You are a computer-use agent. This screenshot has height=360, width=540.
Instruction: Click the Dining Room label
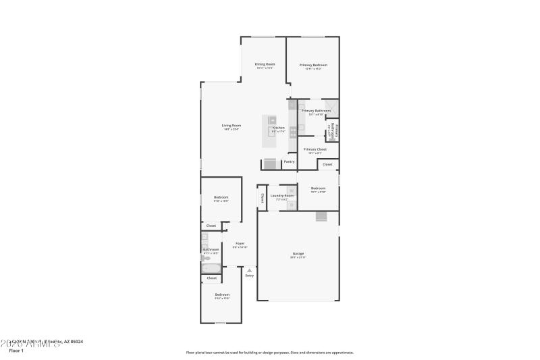point(265,64)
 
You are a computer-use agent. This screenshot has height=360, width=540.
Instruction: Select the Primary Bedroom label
point(313,65)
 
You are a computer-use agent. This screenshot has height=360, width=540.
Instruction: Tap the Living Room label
point(232,125)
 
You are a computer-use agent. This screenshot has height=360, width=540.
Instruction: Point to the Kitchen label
point(278,128)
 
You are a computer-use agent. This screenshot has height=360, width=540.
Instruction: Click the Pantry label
point(289,161)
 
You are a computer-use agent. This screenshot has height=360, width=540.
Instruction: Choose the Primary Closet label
point(315,149)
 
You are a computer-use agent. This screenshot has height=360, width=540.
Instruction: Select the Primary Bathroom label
point(316,111)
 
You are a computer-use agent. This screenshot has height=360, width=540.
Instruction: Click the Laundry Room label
point(281,196)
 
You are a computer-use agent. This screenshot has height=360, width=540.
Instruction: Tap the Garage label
point(298,254)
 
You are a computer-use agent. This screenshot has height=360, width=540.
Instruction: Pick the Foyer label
point(240,243)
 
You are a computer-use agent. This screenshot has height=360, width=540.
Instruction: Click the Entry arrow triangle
point(249,270)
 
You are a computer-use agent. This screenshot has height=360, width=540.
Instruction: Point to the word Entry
point(249,276)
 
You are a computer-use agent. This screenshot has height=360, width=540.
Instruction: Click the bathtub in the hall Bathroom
point(211,268)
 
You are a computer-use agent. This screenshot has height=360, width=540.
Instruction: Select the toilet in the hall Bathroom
point(207,257)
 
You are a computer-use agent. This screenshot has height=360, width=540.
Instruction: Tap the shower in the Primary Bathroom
point(331,108)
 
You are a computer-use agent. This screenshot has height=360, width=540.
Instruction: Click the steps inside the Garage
point(321,216)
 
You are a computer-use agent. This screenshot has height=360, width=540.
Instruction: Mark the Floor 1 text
point(16,351)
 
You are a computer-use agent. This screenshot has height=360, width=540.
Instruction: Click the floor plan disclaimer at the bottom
point(270,352)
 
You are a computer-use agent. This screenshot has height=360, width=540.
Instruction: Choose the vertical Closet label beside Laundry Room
point(262,198)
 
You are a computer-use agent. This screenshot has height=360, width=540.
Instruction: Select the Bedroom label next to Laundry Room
point(318,188)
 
